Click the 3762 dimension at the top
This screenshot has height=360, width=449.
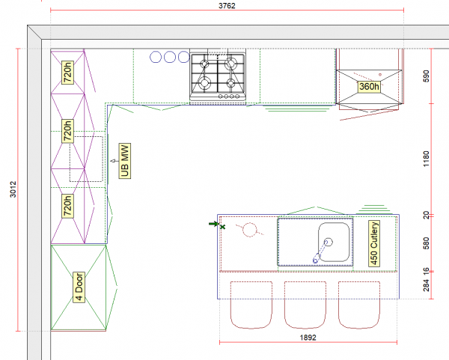(227, 5)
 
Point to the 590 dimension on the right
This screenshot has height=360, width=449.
(427, 77)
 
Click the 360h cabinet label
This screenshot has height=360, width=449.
(370, 87)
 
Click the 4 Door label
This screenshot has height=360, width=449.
(79, 287)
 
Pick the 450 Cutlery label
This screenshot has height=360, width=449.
(374, 244)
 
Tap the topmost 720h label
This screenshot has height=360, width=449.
(67, 73)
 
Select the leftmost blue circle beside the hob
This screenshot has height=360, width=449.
(156, 57)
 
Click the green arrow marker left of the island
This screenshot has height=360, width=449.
(215, 224)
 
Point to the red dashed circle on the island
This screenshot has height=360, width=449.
(250, 230)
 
